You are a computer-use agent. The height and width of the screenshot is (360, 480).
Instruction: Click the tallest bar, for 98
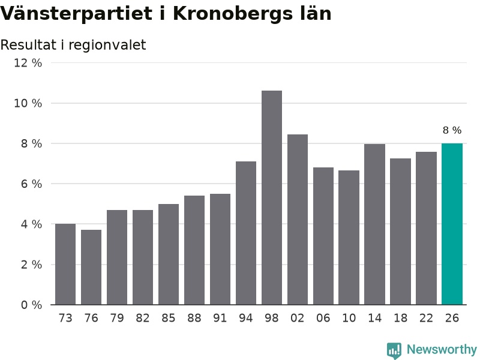[x=272, y=197]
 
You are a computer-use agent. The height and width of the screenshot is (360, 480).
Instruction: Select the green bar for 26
[x=452, y=224]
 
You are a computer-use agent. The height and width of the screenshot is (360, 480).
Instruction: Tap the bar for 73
[x=65, y=264]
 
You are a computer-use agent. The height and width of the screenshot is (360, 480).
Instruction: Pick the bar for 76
[x=91, y=267]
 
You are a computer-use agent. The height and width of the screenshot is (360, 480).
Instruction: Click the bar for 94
[x=246, y=233]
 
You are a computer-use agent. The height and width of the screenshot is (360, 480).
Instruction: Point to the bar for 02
[x=297, y=220]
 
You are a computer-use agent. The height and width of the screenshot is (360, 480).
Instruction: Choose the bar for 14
[x=374, y=224]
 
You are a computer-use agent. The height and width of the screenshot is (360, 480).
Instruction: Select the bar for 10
[x=349, y=238]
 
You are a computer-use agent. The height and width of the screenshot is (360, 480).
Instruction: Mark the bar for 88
[x=194, y=250]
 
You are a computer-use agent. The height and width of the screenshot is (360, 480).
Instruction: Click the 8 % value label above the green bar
[x=452, y=130]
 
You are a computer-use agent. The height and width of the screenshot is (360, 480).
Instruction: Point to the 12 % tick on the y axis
[x=28, y=63]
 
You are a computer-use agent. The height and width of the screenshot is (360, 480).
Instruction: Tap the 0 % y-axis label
[x=32, y=305]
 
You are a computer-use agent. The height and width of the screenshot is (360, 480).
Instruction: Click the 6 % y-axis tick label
[x=32, y=184]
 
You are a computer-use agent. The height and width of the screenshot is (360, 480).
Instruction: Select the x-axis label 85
[x=169, y=318]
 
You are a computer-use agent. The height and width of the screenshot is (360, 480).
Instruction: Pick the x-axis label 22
[x=426, y=318]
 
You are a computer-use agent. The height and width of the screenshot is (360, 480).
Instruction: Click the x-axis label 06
[x=323, y=318]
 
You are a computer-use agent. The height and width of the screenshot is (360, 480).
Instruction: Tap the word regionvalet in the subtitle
[x=107, y=46]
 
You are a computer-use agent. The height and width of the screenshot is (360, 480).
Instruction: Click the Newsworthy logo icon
[x=394, y=350]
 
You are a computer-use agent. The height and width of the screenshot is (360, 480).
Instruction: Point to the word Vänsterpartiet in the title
[x=76, y=14]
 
